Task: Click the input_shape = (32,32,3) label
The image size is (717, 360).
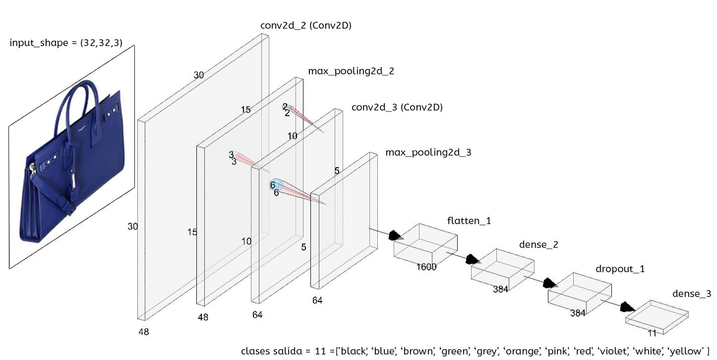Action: (65, 43)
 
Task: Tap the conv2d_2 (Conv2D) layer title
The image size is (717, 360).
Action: (305, 25)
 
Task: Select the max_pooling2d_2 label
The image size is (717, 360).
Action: (351, 71)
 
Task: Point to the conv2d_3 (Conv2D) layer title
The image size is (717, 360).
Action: (397, 107)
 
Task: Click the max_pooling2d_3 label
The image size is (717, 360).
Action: (428, 152)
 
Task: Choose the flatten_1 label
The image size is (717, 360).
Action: (469, 221)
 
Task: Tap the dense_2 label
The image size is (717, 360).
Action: (538, 244)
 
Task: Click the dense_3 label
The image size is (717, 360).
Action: (691, 294)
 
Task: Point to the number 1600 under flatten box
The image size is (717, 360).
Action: (426, 267)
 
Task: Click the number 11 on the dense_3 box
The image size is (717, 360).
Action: (652, 333)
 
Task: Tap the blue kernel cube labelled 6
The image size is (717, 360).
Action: (277, 184)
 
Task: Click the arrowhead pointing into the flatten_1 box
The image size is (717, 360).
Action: (395, 235)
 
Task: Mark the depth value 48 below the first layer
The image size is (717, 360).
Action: (143, 332)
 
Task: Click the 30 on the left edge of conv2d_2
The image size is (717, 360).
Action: (132, 227)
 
